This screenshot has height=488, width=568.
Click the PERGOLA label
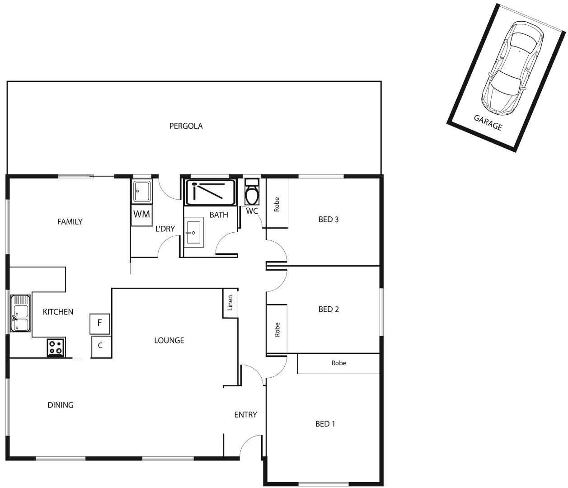click(186, 126)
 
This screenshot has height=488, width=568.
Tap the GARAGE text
click(488, 122)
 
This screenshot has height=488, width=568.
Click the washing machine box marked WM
click(142, 215)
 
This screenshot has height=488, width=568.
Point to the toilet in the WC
click(252, 193)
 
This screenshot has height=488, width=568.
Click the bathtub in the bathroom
click(210, 192)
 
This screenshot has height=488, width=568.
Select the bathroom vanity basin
click(194, 233)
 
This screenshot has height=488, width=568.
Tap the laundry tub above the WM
click(143, 191)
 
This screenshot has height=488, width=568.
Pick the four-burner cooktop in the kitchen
click(56, 347)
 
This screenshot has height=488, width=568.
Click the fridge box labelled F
click(100, 324)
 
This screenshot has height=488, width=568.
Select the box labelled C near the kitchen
click(101, 346)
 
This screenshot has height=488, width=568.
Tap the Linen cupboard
click(230, 303)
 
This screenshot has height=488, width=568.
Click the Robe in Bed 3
click(277, 204)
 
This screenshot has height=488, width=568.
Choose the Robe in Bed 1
click(338, 363)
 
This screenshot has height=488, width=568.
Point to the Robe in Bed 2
click(277, 329)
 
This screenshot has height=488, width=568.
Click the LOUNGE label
click(169, 340)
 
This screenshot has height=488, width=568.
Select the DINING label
click(61, 405)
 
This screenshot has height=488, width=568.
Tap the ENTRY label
click(245, 414)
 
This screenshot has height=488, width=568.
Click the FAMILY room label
click(70, 221)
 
